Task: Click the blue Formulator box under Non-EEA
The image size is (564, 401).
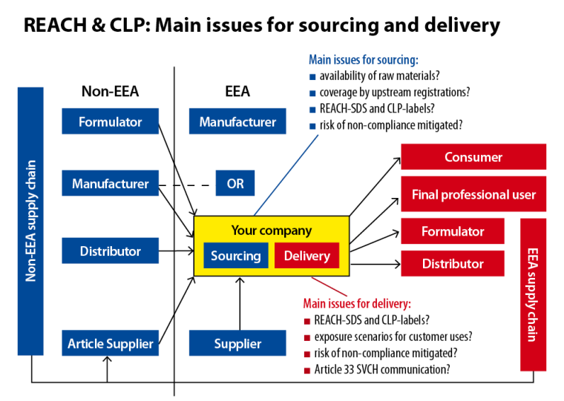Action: point(110,122)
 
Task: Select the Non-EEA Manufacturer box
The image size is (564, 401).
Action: point(110,184)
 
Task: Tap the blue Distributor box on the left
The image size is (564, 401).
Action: point(110,251)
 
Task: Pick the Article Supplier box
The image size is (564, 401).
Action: point(110,343)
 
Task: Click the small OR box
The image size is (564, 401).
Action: point(235,184)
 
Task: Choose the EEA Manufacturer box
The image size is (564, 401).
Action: point(237,122)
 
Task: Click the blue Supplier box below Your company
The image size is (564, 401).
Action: point(237,343)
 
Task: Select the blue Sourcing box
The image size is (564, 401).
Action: point(235,256)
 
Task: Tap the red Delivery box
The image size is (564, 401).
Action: point(306,256)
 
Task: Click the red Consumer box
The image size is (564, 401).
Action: point(473,157)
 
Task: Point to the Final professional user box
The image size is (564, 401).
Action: point(473,195)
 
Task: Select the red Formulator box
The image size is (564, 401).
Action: point(453,231)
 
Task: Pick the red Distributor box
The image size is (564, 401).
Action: point(453,263)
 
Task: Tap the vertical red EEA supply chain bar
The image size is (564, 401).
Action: point(533,294)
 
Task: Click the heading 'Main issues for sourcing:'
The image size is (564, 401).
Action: point(363,59)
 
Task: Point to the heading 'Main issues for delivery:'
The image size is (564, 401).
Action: point(357,303)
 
